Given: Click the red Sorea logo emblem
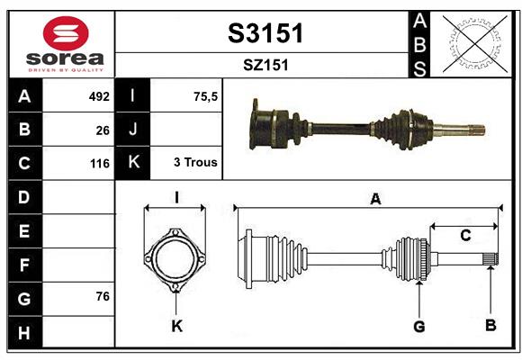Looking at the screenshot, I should [x=66, y=34].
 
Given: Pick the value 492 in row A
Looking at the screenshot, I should [x=98, y=96].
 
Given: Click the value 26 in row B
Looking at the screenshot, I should [x=102, y=130].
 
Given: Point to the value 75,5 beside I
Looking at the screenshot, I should [x=205, y=96].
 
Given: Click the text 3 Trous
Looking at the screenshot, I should [x=194, y=163].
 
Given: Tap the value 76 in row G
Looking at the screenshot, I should [x=102, y=296].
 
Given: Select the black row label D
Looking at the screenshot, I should [x=24, y=196].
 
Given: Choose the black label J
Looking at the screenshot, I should [x=133, y=130].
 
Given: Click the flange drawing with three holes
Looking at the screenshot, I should [x=175, y=259].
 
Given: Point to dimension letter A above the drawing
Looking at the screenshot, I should [x=375, y=200].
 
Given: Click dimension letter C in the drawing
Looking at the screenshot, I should [x=465, y=236].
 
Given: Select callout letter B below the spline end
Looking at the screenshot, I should [x=490, y=326].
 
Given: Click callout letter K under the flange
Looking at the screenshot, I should [x=176, y=326].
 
